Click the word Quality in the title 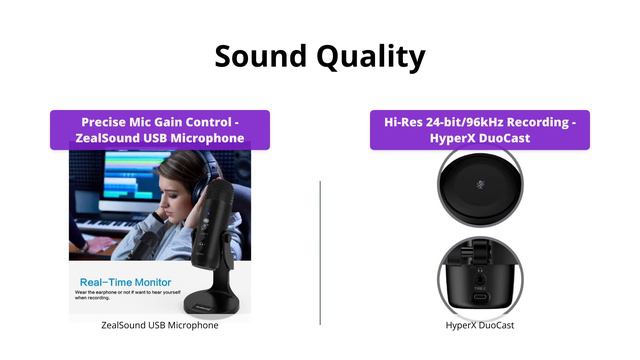(x=370, y=57)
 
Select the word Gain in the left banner (x=190, y=122)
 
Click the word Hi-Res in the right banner (x=407, y=122)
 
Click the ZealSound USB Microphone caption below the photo (x=160, y=325)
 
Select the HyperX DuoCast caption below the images (x=480, y=325)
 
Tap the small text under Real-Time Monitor (x=120, y=297)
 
